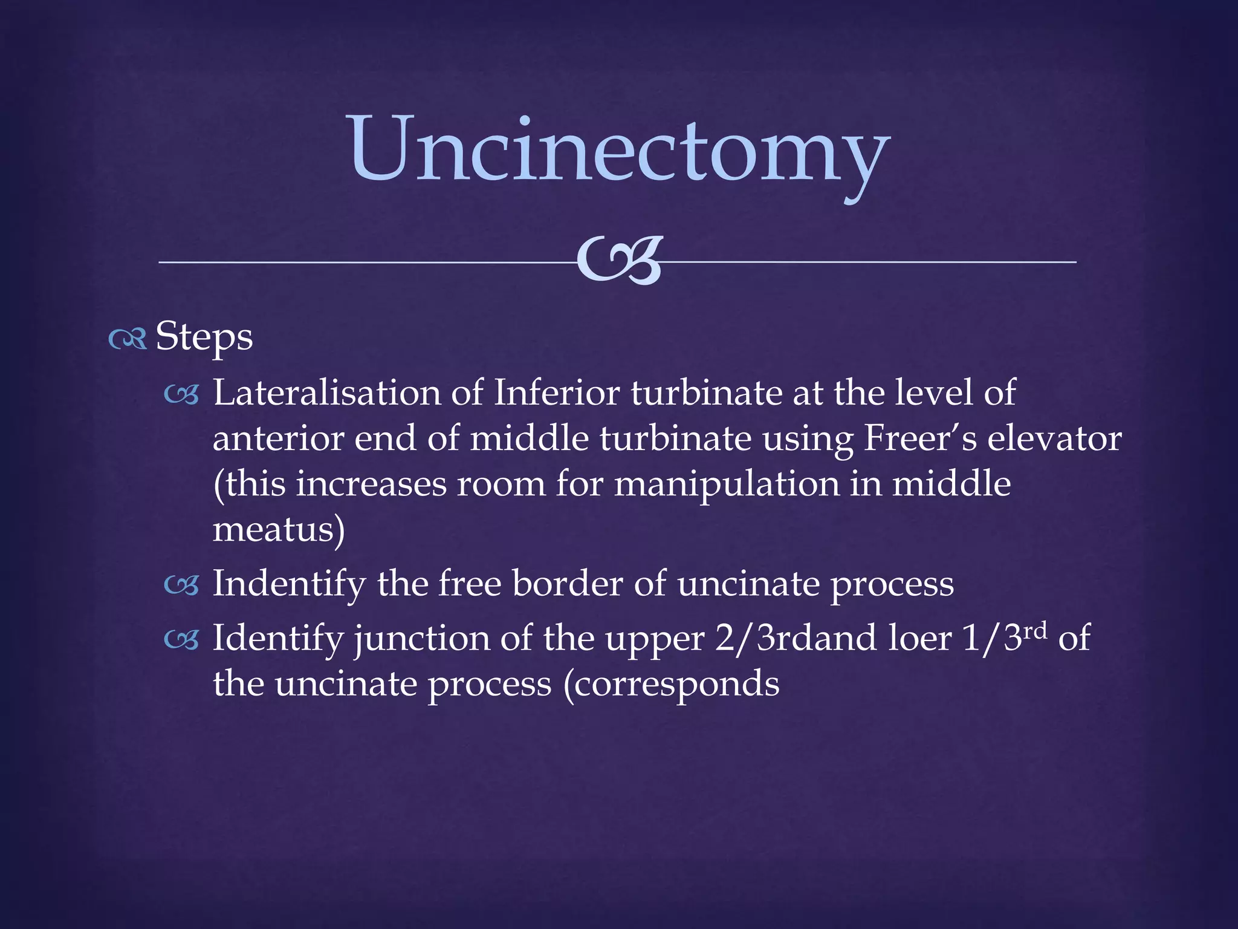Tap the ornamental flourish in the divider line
tap(619, 261)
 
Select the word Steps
tap(204, 337)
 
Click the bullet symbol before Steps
tap(128, 339)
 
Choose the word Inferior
tap(556, 393)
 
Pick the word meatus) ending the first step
tap(279, 530)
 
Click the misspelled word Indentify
tap(289, 584)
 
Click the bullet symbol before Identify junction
tap(181, 640)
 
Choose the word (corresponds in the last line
tap(671, 684)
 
